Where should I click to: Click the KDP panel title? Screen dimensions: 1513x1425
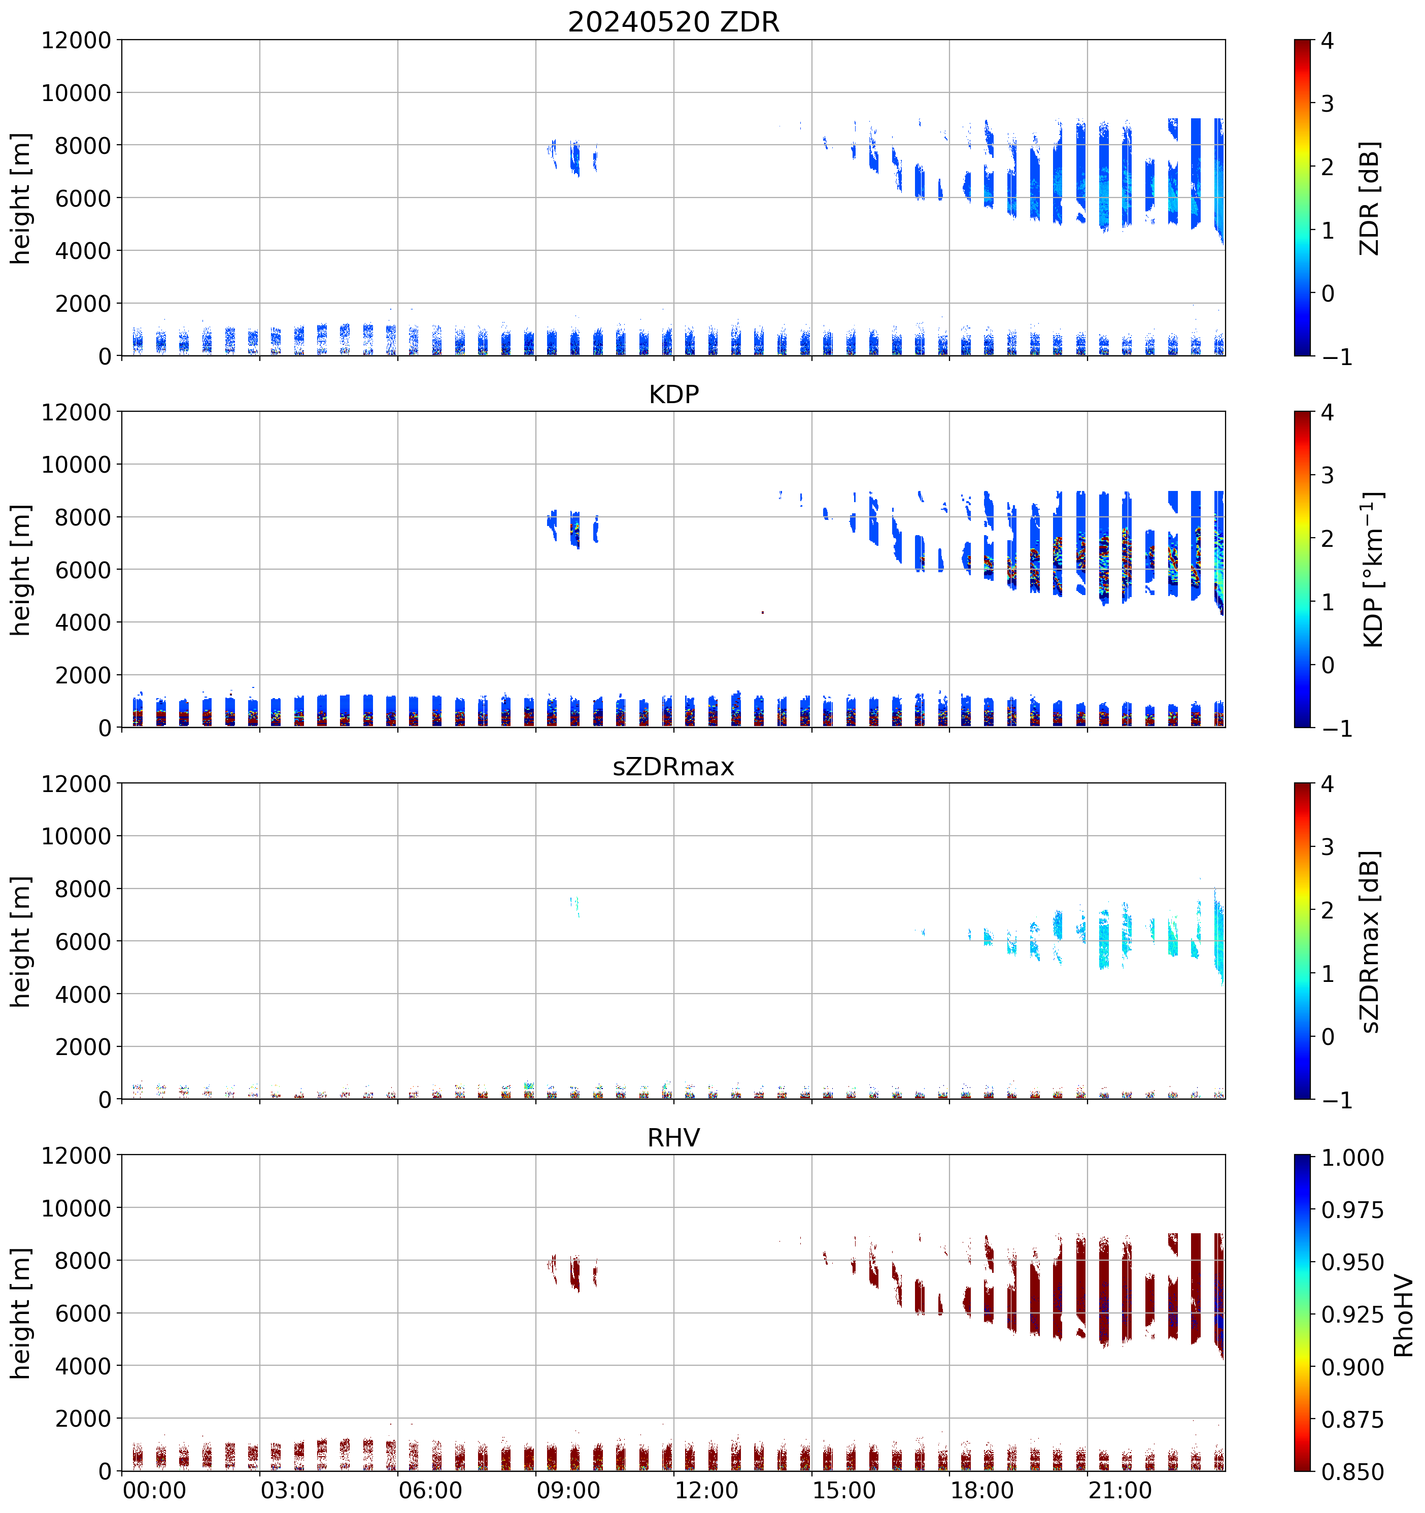tap(673, 394)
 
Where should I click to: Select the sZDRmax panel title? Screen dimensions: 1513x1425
tap(673, 766)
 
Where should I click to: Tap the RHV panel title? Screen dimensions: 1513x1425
tap(673, 1138)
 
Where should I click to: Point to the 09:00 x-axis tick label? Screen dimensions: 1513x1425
tap(568, 1490)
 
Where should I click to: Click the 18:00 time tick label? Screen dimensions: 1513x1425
tap(982, 1490)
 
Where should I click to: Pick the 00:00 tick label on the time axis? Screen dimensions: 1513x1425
tap(154, 1490)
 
